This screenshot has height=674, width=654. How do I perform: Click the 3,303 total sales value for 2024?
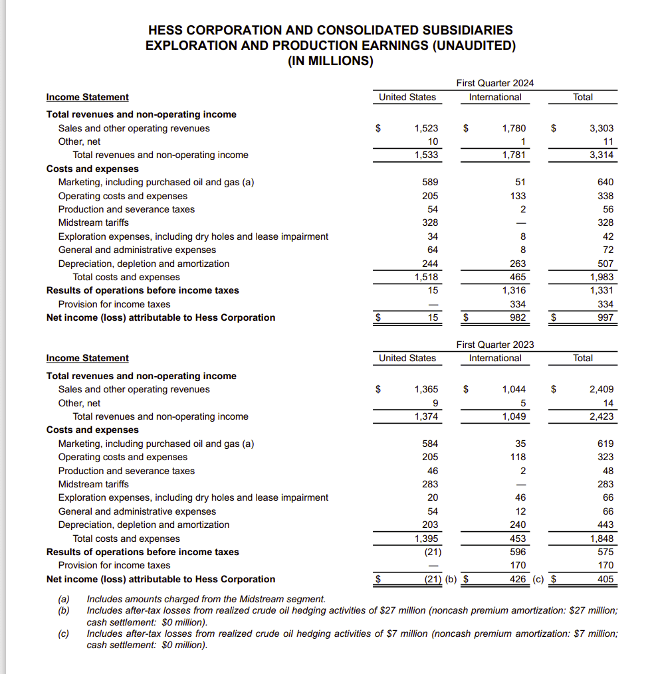(601, 128)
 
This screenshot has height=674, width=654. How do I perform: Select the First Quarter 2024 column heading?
(494, 83)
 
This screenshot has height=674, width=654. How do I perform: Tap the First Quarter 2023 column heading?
(494, 345)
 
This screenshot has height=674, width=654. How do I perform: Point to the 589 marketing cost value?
(429, 182)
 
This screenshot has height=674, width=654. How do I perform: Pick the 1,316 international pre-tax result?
(513, 290)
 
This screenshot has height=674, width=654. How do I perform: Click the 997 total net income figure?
(605, 317)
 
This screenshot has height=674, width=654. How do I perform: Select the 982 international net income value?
(517, 317)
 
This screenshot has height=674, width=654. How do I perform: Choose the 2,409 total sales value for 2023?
(601, 390)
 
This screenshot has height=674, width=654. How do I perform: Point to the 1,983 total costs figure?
(601, 277)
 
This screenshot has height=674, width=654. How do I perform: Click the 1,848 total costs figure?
(601, 539)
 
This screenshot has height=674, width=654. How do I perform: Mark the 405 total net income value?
(605, 579)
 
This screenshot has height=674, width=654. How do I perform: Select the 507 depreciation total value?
(605, 264)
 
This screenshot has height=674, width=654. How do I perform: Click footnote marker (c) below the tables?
(64, 633)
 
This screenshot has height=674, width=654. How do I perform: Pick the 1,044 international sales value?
(513, 390)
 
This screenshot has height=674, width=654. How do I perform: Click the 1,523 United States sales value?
(425, 128)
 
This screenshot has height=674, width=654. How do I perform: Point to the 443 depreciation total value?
(605, 525)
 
